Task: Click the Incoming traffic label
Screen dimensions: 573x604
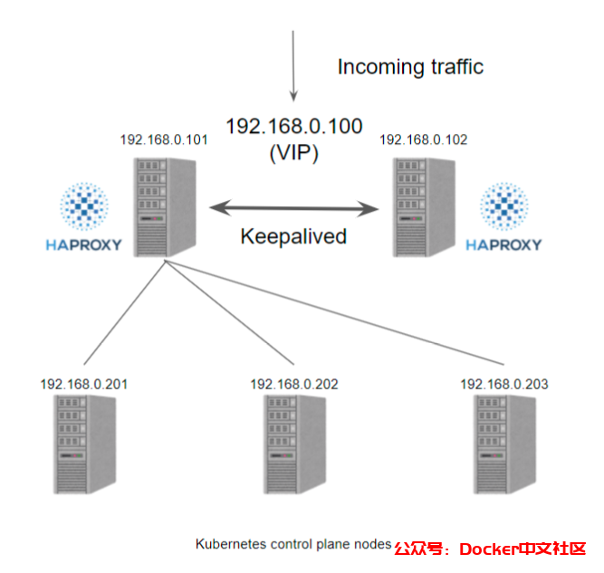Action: pyautogui.click(x=410, y=66)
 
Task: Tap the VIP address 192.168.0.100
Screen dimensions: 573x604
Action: pyautogui.click(x=293, y=127)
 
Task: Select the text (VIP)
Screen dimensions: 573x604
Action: pyautogui.click(x=293, y=153)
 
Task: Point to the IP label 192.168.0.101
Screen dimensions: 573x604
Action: pyautogui.click(x=164, y=140)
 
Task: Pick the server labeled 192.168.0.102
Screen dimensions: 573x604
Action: pyautogui.click(x=426, y=206)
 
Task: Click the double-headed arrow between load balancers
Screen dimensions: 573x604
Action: pyautogui.click(x=293, y=209)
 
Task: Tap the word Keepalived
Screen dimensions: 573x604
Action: pyautogui.click(x=293, y=237)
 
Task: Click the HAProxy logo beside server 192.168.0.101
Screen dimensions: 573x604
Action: pyautogui.click(x=82, y=217)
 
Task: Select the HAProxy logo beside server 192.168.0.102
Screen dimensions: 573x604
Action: pyautogui.click(x=503, y=217)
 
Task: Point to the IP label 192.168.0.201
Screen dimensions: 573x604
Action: pyautogui.click(x=83, y=384)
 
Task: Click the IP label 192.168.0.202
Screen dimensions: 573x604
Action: pyautogui.click(x=294, y=384)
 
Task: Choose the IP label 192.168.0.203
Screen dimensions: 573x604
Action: pyautogui.click(x=503, y=384)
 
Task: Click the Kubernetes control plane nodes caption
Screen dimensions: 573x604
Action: pyautogui.click(x=292, y=545)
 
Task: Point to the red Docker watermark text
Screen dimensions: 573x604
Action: pyautogui.click(x=490, y=549)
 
